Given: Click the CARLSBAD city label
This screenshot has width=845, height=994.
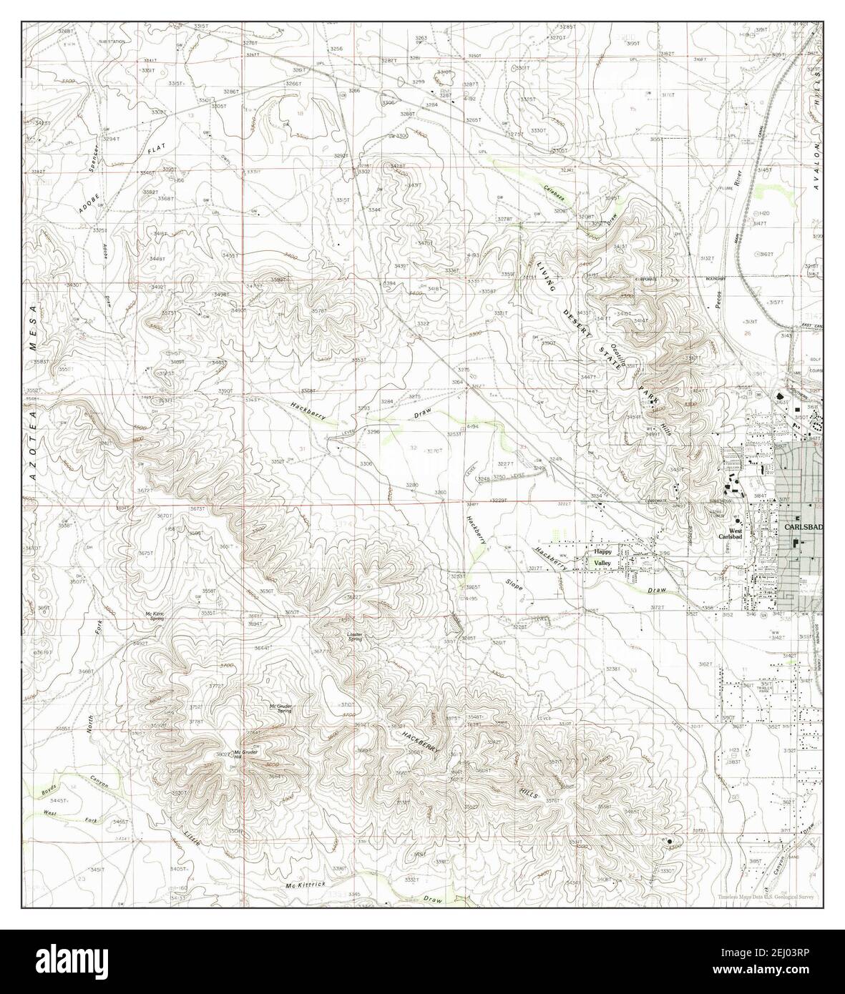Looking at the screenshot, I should pos(804,527).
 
